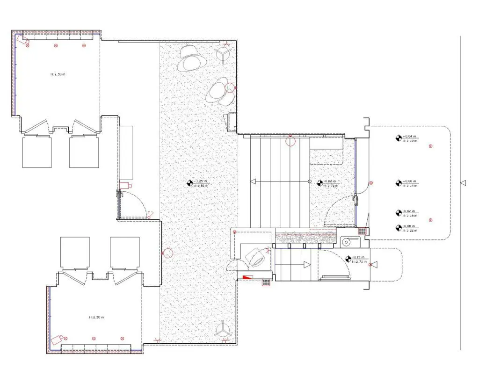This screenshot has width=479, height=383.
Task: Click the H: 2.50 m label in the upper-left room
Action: pos(58,74)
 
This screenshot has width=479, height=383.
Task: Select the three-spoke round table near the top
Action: pos(223,55)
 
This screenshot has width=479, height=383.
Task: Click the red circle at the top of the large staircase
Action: pos(291,141)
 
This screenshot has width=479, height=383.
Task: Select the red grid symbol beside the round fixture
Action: pos(362,231)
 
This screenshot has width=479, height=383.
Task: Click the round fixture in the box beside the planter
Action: pos(347,241)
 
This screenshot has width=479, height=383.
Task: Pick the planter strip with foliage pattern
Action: pos(305,238)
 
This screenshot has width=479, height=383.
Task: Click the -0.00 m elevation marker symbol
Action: pos(399,182)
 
